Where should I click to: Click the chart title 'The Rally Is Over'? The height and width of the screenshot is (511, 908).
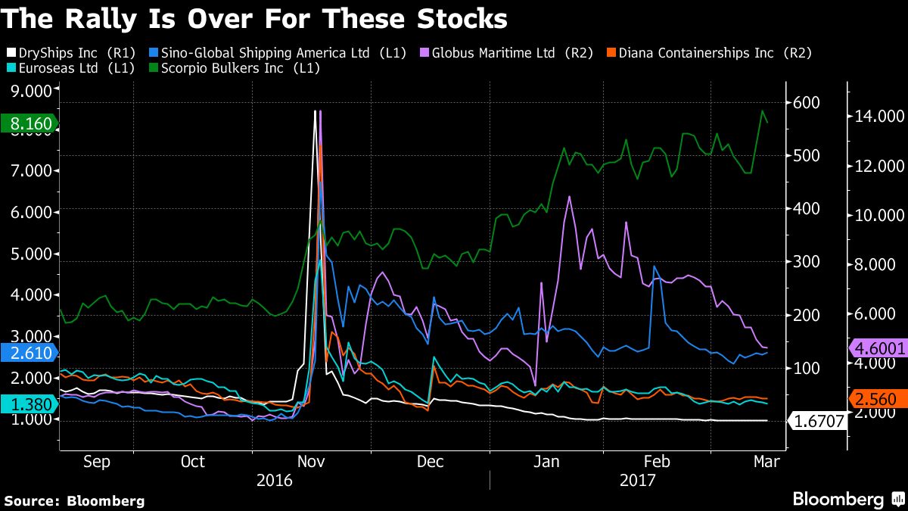point(254,19)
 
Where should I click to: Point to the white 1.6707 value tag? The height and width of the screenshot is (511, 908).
point(817,421)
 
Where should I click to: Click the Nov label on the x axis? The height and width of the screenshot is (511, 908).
point(312,462)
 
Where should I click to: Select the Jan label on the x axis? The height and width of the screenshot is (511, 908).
point(547,462)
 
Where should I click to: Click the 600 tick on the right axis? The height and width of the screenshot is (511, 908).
point(804,103)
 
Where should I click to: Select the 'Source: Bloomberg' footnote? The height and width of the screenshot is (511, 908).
point(74,500)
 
